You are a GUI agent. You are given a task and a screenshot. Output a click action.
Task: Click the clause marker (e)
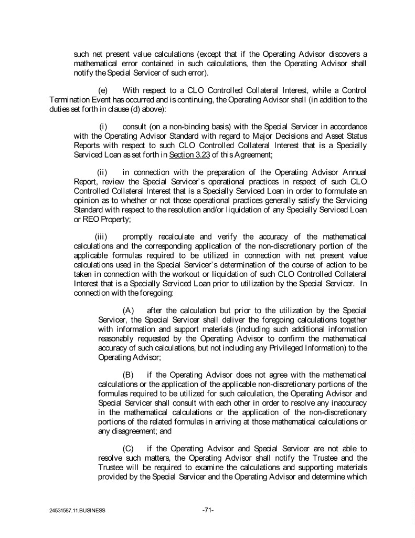click(103, 90)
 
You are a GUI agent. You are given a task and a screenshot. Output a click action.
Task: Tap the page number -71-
click(208, 510)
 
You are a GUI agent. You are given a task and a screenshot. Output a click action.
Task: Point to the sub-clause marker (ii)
click(103, 172)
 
